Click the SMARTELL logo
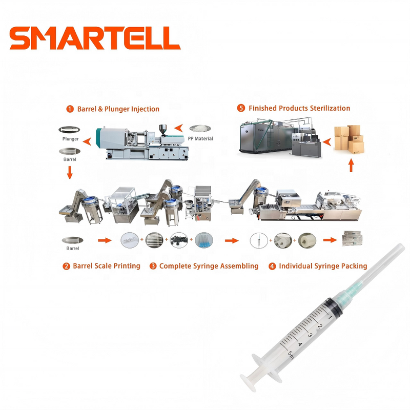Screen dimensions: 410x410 tap(95, 38)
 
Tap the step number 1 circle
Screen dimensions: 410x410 tap(70, 109)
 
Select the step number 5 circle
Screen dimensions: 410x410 tap(241, 108)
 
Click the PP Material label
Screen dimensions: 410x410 tap(200, 138)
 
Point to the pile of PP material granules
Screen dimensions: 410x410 tap(200, 129)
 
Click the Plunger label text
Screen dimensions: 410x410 tap(70, 139)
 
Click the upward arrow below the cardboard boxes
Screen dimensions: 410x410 tap(351, 165)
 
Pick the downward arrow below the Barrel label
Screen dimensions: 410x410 tap(70, 173)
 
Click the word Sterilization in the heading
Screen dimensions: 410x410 tap(328, 108)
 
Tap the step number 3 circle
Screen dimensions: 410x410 tap(153, 266)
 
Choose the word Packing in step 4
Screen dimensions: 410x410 tap(354, 266)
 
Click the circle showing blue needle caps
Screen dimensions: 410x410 tap(203, 240)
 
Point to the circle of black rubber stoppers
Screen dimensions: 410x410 tap(179, 240)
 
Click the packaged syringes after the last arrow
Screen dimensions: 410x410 tap(353, 238)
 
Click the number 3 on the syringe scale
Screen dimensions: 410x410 tap(310, 335)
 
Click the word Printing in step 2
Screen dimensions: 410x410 tap(125, 266)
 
